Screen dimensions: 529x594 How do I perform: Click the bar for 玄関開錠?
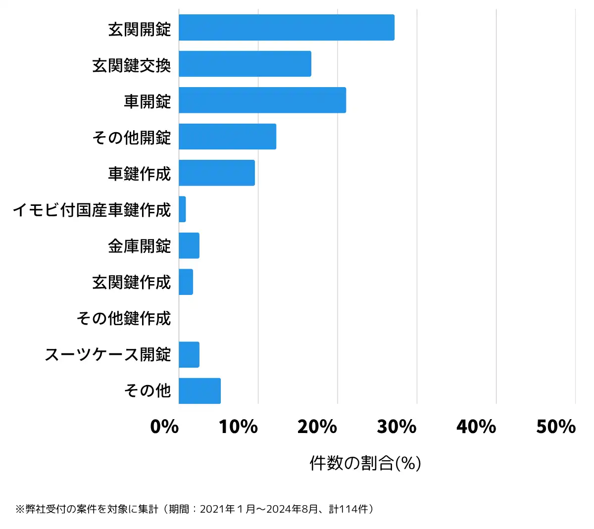[x=286, y=28]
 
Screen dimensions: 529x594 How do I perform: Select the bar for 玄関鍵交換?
[x=245, y=64]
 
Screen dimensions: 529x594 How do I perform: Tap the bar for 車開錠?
[x=262, y=100]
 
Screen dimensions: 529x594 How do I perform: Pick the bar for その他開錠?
[x=227, y=137]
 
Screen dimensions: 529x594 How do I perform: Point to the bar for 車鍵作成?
[x=216, y=173]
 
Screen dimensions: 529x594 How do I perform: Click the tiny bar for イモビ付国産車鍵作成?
[x=182, y=209]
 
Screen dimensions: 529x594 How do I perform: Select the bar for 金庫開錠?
[x=189, y=245]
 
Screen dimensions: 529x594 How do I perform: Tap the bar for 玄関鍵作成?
[x=186, y=282]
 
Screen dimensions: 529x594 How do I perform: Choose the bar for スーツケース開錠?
[x=189, y=355]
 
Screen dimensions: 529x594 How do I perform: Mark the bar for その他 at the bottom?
[x=199, y=391]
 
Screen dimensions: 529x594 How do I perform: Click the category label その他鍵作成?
[x=123, y=318]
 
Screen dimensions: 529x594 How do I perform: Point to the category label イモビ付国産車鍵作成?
[x=92, y=210]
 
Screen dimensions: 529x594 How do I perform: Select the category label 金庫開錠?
[x=139, y=246]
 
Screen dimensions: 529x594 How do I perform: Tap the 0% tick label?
[x=164, y=427]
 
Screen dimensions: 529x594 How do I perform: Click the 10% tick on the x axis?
[x=239, y=427]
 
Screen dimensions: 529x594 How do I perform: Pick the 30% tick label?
[x=397, y=427]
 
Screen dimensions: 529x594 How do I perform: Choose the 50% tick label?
[x=556, y=427]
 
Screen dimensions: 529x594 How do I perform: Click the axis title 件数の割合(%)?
[x=365, y=463]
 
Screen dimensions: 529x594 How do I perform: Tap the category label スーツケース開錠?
[x=107, y=355]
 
